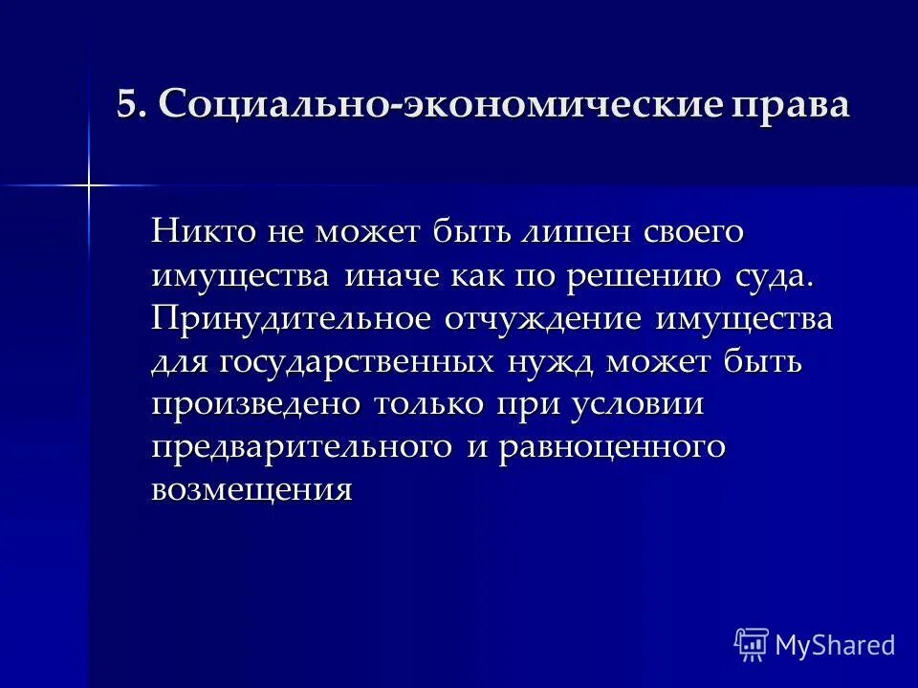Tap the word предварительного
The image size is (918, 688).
point(301,447)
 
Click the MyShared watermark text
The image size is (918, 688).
point(834,645)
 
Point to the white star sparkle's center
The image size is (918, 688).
point(89,183)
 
